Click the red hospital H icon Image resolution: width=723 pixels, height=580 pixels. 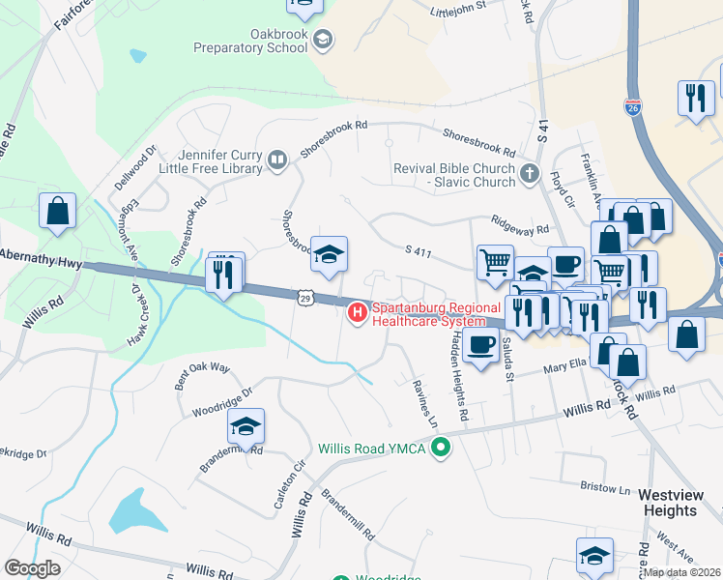[357, 311]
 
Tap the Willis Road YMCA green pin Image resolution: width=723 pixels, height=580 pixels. [442, 447]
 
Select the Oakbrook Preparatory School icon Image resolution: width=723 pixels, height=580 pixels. [324, 39]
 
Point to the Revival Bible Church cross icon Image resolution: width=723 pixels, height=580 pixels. [529, 174]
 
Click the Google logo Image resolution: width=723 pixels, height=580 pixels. [32, 568]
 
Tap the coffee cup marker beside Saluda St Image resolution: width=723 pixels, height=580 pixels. [480, 344]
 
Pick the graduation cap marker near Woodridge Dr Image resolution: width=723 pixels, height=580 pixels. [246, 425]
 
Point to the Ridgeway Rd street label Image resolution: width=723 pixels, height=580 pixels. [519, 223]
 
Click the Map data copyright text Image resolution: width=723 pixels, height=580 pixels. [682, 572]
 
